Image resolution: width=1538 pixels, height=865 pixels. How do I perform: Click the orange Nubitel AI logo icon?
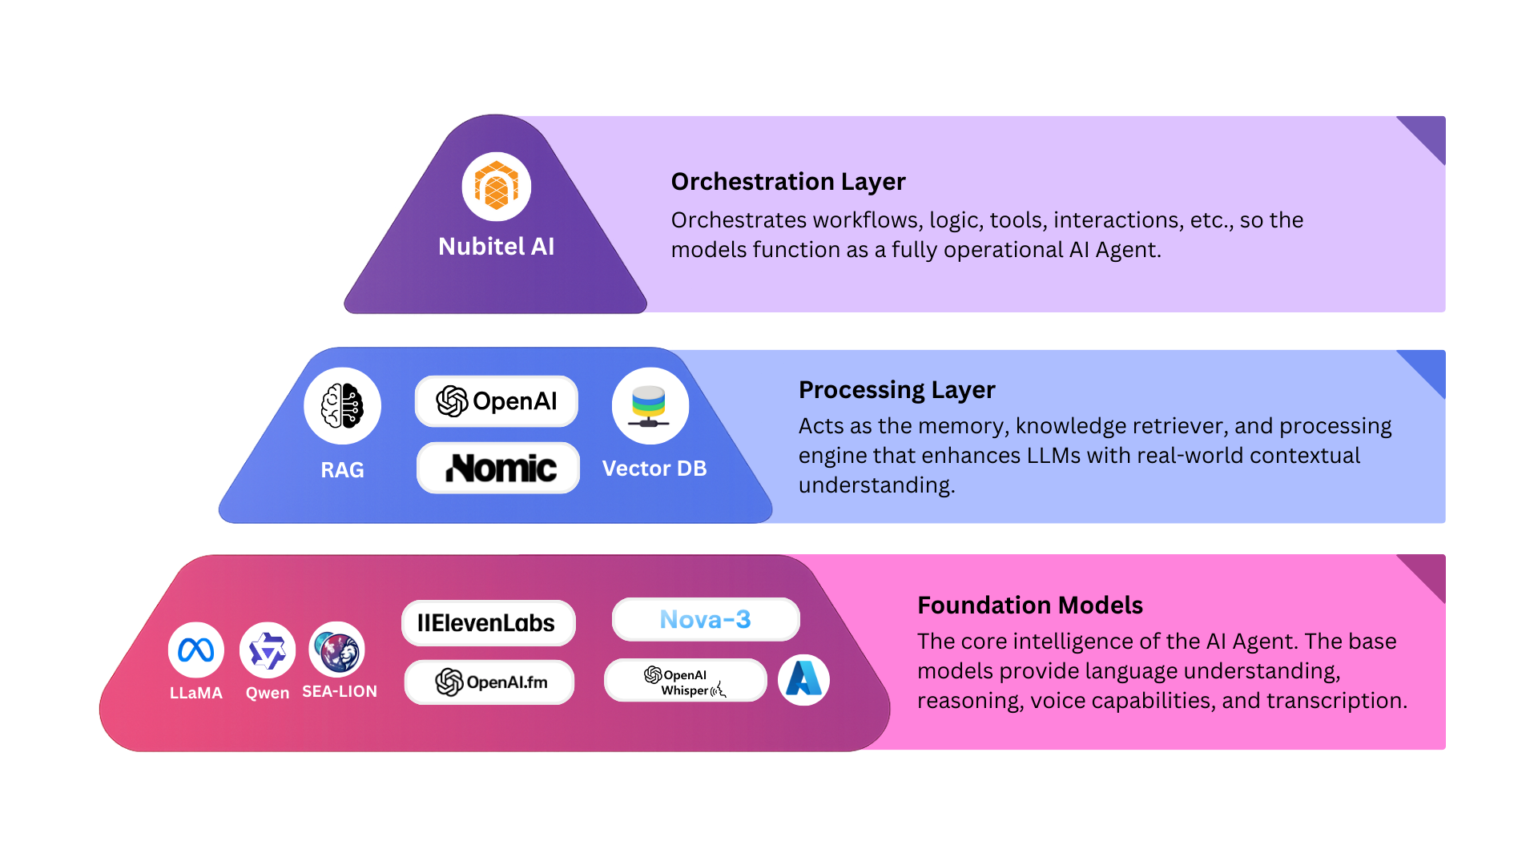(497, 187)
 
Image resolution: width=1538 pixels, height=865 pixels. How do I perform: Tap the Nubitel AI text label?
(497, 247)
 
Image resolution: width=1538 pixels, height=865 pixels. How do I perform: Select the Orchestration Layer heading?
(788, 182)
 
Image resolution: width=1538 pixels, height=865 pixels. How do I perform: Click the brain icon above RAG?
(342, 406)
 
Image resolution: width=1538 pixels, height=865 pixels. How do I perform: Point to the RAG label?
(342, 470)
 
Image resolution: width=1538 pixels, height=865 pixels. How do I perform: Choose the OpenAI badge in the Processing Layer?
(497, 401)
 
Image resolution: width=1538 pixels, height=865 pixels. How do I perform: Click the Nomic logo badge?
(498, 468)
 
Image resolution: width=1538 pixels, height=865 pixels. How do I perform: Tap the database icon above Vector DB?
(650, 406)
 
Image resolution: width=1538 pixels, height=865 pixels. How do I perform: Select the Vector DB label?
(654, 469)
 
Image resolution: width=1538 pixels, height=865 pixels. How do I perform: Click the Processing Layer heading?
(896, 390)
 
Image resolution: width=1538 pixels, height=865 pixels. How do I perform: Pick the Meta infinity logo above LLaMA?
(196, 650)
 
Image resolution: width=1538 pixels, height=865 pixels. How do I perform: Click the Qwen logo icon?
(268, 650)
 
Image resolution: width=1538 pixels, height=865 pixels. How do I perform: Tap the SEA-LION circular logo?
(337, 650)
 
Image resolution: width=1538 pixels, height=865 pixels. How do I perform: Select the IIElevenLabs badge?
(488, 623)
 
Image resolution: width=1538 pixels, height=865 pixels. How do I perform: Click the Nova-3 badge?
(706, 619)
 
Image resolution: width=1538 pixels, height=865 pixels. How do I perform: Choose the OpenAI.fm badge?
(489, 682)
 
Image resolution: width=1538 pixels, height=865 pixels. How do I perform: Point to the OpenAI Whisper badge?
(686, 681)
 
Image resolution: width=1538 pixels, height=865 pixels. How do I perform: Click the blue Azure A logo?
(803, 680)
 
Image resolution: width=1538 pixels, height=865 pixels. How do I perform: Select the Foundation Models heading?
(1029, 605)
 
